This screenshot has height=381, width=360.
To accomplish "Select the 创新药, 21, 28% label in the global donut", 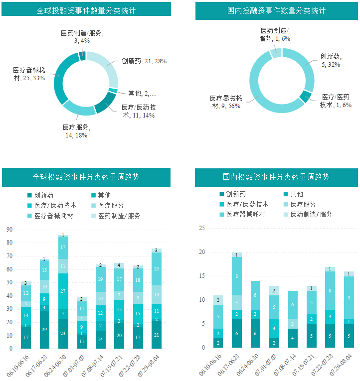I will point(144,61).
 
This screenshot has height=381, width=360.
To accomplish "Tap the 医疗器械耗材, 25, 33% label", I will point(29,74).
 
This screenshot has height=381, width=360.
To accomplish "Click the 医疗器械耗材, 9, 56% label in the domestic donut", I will point(226,102).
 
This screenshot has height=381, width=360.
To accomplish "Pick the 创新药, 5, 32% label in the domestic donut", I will point(330,61).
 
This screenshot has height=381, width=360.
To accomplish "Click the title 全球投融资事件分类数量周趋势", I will point(86,177).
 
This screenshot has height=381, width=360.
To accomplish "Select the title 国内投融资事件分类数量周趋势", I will point(276,177).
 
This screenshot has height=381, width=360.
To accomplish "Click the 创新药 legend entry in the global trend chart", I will point(42,196).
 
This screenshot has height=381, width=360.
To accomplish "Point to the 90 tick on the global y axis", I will point(9,230).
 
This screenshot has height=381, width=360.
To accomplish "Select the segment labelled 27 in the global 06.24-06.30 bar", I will point(63,291).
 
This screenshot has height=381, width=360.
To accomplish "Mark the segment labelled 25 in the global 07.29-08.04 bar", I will point(157,269).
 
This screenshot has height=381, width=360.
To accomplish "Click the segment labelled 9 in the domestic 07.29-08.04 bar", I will point(348,298).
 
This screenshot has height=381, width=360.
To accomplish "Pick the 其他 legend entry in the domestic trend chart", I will point(297,194).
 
